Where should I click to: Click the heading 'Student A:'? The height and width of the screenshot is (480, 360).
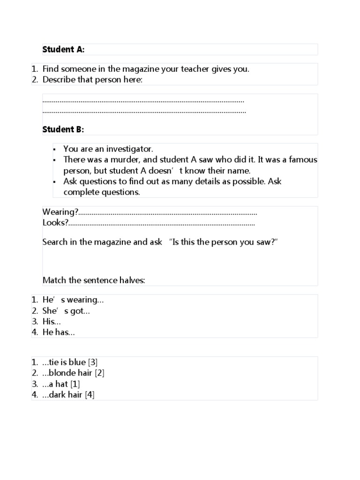63,49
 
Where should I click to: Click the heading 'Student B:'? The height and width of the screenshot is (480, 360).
63,129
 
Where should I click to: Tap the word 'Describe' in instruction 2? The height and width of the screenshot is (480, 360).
59,80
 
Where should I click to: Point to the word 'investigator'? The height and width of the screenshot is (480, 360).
130,149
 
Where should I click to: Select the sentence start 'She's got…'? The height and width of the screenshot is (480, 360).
66,311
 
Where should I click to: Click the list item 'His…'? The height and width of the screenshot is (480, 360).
52,322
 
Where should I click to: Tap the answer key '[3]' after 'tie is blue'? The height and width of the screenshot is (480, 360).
93,362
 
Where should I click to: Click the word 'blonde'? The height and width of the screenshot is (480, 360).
64,373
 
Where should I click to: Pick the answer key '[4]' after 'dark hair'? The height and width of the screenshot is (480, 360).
90,395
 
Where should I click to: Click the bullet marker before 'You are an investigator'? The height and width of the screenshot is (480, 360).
54,150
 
